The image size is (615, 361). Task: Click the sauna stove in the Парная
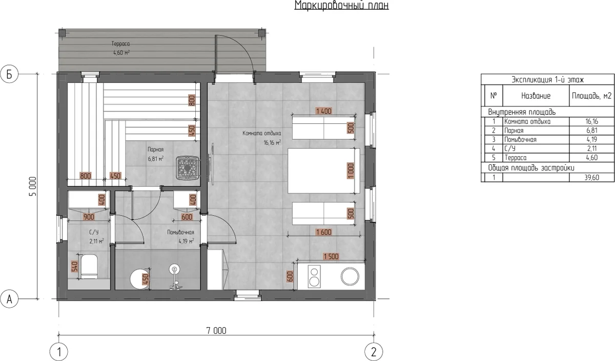pyautogui.click(x=188, y=168)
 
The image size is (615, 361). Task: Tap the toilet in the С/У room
pyautogui.click(x=89, y=266)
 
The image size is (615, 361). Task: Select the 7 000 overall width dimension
pyautogui.click(x=216, y=331)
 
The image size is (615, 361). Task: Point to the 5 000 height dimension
pyautogui.click(x=32, y=186)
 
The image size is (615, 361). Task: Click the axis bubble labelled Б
pyautogui.click(x=9, y=74)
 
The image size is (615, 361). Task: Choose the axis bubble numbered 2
pyautogui.click(x=374, y=352)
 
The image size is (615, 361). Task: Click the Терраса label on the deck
pyautogui.click(x=120, y=44)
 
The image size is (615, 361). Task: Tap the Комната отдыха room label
pyautogui.click(x=262, y=133)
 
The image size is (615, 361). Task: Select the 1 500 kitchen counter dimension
pyautogui.click(x=331, y=257)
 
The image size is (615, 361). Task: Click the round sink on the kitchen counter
pyautogui.click(x=350, y=276)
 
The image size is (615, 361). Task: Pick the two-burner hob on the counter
pyautogui.click(x=314, y=277)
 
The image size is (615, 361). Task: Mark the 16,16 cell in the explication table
pyautogui.click(x=591, y=121)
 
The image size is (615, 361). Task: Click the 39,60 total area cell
pyautogui.click(x=591, y=178)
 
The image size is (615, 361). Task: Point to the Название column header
pyautogui.click(x=536, y=96)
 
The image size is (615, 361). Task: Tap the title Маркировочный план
pyautogui.click(x=341, y=5)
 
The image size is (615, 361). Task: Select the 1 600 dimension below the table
pyautogui.click(x=324, y=232)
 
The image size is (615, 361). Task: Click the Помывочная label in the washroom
pyautogui.click(x=180, y=232)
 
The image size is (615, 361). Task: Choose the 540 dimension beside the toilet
pyautogui.click(x=75, y=266)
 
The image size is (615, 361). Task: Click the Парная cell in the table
pyautogui.click(x=514, y=131)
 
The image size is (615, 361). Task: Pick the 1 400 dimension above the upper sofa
pyautogui.click(x=324, y=111)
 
